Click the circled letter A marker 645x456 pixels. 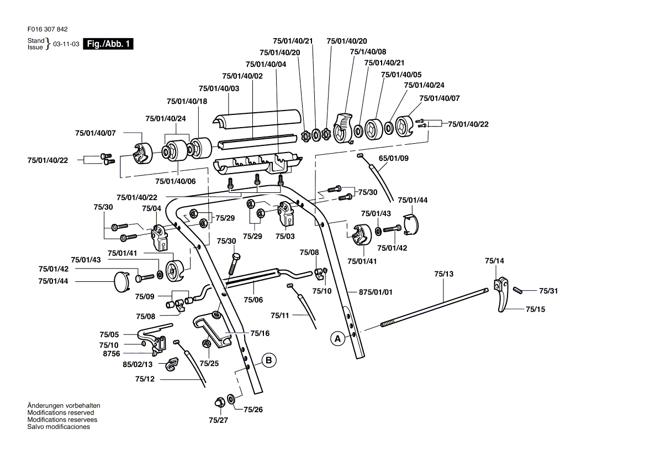337,337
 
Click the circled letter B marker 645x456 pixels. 269,360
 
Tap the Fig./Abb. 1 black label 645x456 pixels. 108,44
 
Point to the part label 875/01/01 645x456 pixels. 376,292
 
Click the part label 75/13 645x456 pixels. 443,274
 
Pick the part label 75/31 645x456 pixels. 548,291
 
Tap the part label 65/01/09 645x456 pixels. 393,158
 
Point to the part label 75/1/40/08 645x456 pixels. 368,51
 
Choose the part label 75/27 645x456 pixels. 218,420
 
